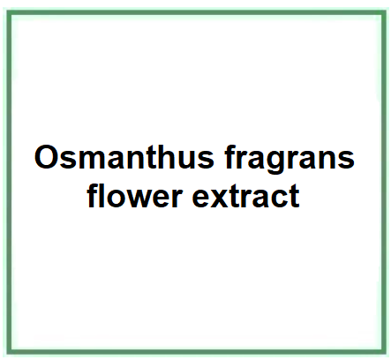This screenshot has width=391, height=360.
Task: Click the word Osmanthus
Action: click(124, 157)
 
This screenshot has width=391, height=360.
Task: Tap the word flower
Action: click(134, 195)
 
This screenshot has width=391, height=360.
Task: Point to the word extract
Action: click(245, 196)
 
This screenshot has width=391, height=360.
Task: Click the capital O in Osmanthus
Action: click(46, 157)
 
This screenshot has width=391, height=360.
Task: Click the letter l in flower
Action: click(102, 195)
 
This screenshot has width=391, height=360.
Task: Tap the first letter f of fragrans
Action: click(230, 157)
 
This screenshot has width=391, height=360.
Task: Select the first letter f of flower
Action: click(93, 195)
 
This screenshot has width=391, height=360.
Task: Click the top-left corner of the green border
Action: click(9, 12)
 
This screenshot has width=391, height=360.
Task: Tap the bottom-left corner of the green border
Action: click(9, 352)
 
